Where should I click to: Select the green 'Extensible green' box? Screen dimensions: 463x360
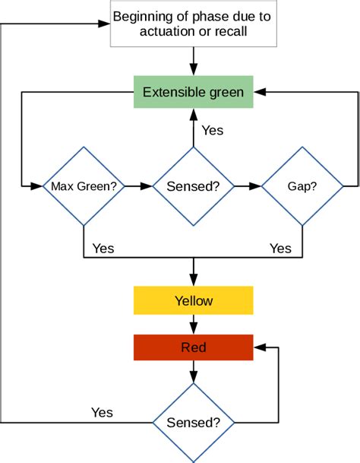[x=194, y=92]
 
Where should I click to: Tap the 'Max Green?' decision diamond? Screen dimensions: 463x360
[x=83, y=186]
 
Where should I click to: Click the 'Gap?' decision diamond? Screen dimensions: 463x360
[x=302, y=186]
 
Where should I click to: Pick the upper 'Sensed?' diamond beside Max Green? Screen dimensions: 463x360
[x=194, y=186]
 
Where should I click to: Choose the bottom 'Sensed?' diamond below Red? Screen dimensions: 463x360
[x=194, y=423]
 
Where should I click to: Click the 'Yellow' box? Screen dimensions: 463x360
[x=194, y=300]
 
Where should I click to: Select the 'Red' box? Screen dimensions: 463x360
[x=194, y=347]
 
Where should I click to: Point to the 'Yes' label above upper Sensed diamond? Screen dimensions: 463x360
[x=212, y=130]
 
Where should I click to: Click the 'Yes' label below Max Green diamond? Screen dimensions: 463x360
[x=103, y=248]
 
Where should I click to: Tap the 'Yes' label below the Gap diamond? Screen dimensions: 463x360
[x=280, y=248]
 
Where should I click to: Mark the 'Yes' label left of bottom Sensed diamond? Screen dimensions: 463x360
[x=102, y=412]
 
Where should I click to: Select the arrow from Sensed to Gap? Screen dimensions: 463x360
[x=248, y=186]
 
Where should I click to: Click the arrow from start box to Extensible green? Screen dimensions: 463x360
[x=194, y=60]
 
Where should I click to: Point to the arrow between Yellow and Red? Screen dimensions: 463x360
[x=194, y=324]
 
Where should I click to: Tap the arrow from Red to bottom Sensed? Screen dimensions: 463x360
[x=194, y=371]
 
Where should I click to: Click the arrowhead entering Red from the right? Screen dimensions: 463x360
[x=259, y=347]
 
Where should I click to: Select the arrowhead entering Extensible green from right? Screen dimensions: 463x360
[x=259, y=92]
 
